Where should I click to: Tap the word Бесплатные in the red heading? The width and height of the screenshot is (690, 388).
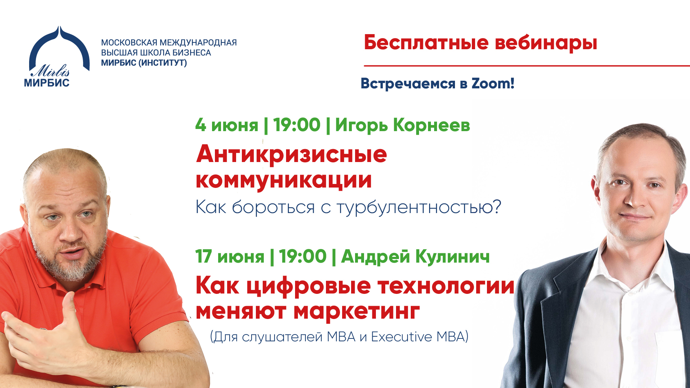click(426, 43)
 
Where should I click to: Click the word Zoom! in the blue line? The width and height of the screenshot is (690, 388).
click(493, 83)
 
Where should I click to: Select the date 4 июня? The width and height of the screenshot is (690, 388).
click(227, 125)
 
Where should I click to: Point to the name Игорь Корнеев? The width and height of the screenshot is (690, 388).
click(402, 125)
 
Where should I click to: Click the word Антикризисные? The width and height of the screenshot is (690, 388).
click(291, 155)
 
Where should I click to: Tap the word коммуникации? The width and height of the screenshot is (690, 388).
click(284, 180)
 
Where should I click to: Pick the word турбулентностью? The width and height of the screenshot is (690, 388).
click(419, 207)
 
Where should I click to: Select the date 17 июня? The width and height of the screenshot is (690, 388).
click(230, 257)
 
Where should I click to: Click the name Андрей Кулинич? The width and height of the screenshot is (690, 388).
click(415, 257)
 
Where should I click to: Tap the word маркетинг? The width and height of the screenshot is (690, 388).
click(356, 311)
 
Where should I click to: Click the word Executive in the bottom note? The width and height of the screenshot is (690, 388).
click(401, 337)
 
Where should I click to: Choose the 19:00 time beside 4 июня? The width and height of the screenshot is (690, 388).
click(296, 125)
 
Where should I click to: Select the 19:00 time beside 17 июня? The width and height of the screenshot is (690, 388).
click(303, 257)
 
